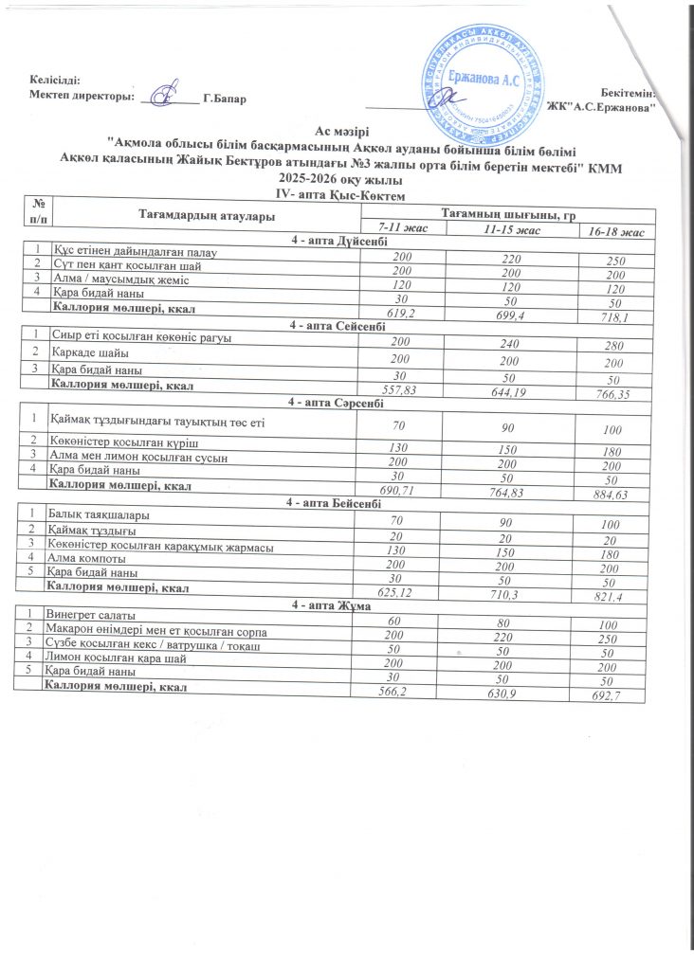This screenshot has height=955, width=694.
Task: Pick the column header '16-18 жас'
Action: tap(615, 233)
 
